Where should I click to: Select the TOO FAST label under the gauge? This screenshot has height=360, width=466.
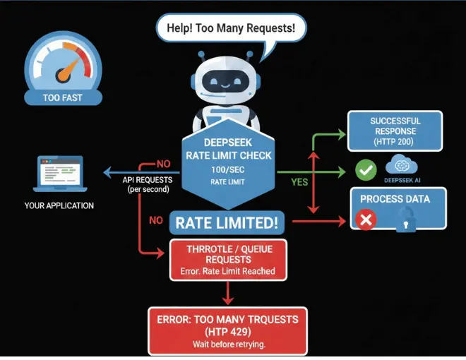click(62, 97)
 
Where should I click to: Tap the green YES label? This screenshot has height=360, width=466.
click(300, 182)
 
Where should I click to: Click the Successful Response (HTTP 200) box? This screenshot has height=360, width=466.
click(395, 131)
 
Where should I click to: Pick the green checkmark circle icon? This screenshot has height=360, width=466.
click(365, 170)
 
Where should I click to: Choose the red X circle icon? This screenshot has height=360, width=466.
click(366, 220)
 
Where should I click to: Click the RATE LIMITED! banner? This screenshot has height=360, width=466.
click(227, 224)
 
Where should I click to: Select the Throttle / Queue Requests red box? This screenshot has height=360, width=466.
click(227, 258)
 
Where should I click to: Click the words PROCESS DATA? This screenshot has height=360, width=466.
click(395, 199)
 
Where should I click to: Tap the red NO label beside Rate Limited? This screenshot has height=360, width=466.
click(156, 220)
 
